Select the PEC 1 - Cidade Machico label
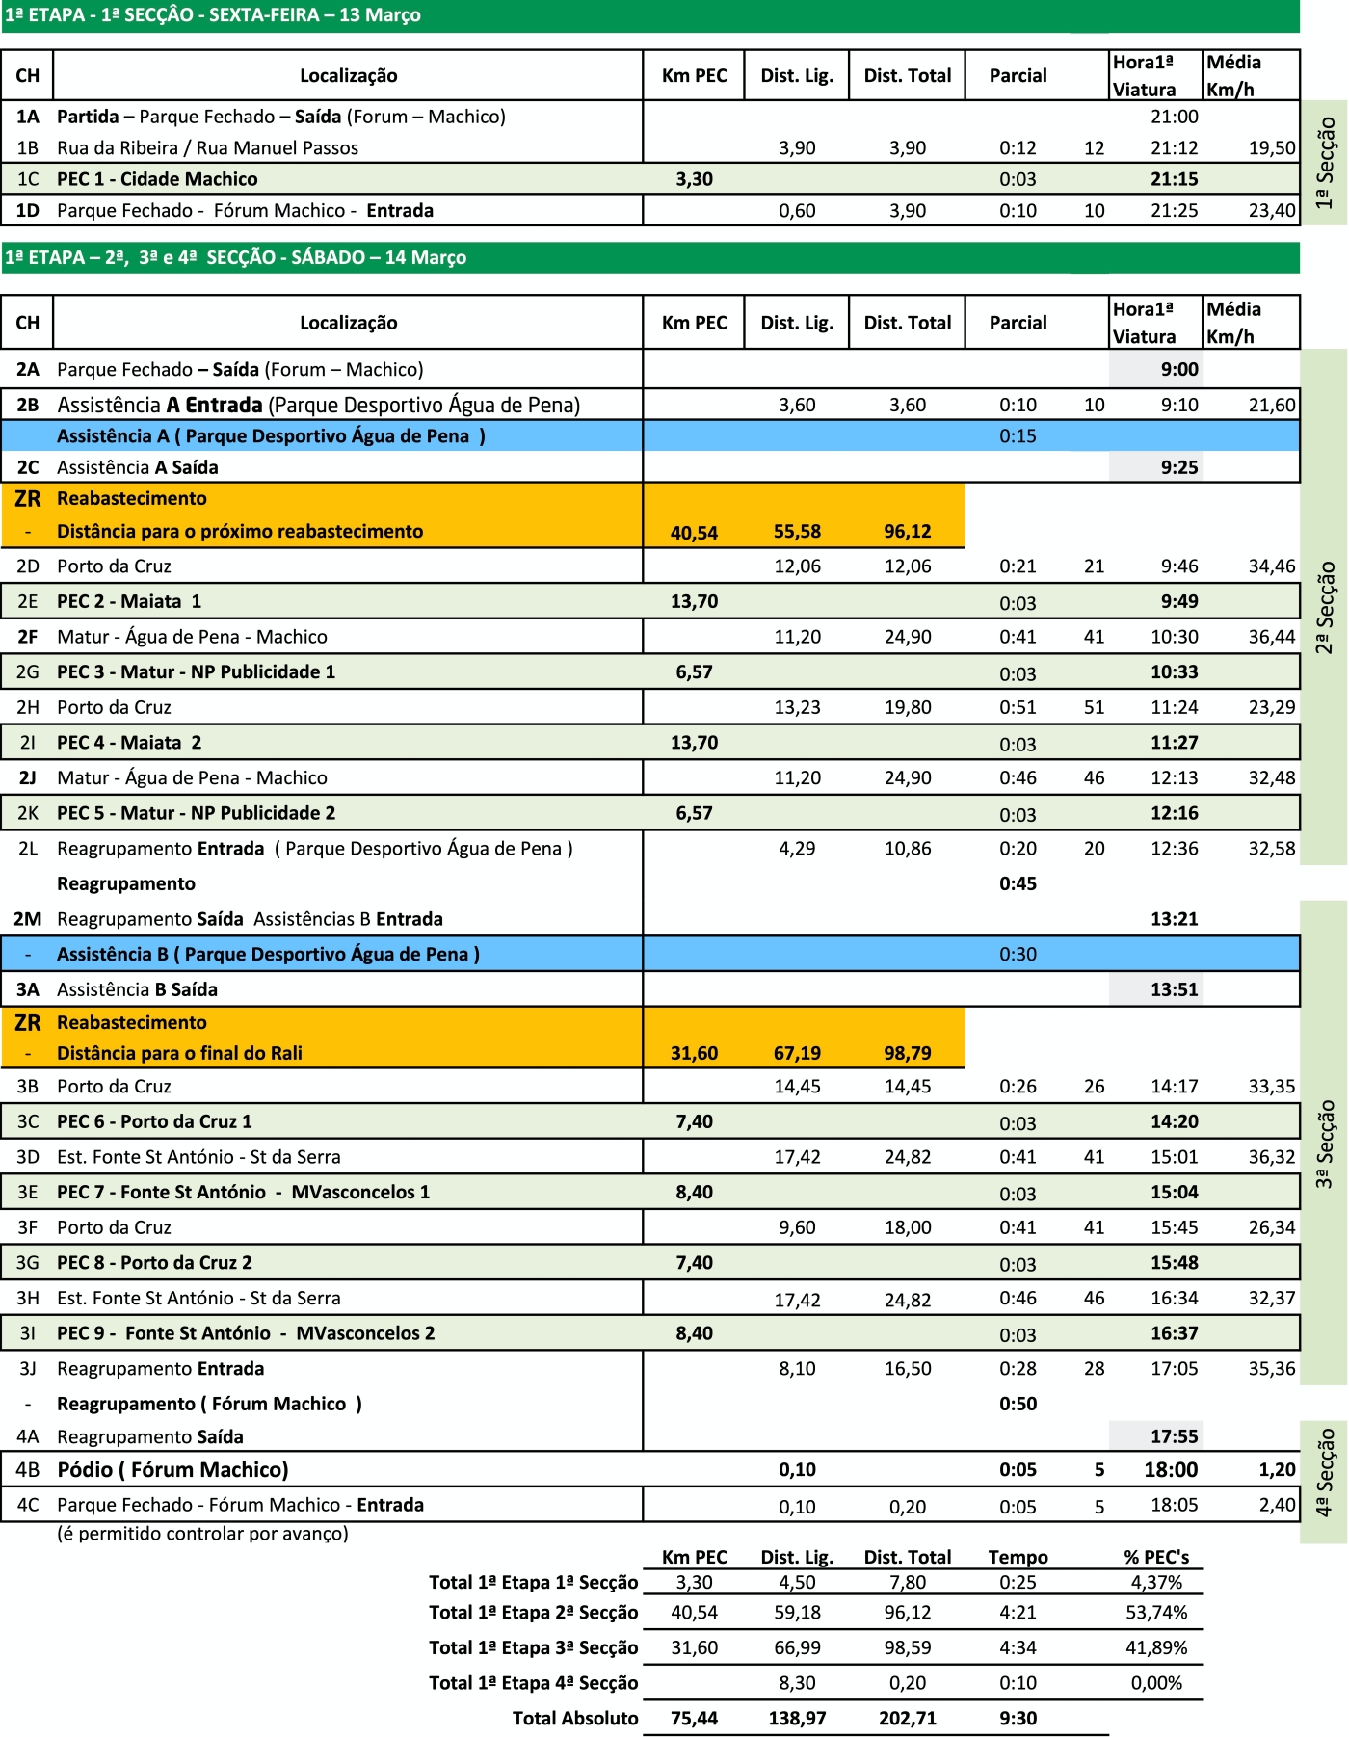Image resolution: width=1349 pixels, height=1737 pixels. (x=157, y=179)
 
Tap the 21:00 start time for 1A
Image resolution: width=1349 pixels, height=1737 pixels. (x=1174, y=117)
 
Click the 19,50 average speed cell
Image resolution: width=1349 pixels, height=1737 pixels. (x=1272, y=147)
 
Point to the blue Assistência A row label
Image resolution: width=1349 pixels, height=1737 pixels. (x=271, y=436)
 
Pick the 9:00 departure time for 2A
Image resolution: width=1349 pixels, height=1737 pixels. (x=1178, y=369)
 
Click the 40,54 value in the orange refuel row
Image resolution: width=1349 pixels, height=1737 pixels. (x=694, y=532)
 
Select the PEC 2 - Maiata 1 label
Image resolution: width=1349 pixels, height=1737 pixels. (x=129, y=601)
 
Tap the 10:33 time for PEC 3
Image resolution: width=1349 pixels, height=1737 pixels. (x=1174, y=671)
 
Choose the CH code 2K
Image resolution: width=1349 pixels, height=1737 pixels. (x=27, y=813)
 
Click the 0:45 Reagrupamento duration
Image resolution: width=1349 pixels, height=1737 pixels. (x=1018, y=883)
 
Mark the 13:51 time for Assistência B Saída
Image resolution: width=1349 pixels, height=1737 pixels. (x=1174, y=989)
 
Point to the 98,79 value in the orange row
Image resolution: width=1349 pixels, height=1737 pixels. (x=907, y=1053)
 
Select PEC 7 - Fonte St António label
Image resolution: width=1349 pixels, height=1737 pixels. (x=243, y=1192)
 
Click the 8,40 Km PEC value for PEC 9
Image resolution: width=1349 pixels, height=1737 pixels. (x=694, y=1333)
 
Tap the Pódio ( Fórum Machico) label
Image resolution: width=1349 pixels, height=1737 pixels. (x=172, y=1469)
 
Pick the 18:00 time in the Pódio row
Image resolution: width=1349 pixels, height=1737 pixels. (x=1171, y=1469)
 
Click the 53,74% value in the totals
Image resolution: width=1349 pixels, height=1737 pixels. (x=1156, y=1612)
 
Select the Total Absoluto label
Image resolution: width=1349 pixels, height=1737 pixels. (x=575, y=1718)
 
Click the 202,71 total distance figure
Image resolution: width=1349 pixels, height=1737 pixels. (x=907, y=1718)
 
